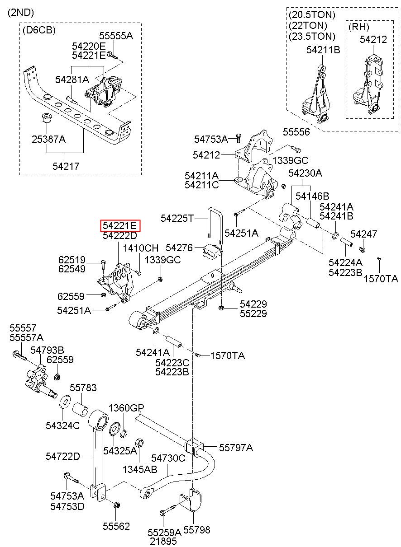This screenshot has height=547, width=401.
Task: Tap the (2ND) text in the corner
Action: [x=20, y=13]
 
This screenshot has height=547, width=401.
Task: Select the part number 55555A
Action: [x=116, y=36]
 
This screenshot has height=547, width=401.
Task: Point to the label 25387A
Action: [x=48, y=139]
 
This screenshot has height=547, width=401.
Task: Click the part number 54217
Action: [x=66, y=166]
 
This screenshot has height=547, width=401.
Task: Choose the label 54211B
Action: [x=323, y=50]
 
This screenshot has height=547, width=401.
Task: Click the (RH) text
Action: [x=359, y=27]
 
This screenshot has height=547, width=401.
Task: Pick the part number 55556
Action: [x=296, y=132]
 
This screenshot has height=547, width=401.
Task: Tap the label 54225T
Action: [x=177, y=219]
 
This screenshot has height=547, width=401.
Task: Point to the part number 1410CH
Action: [x=141, y=248]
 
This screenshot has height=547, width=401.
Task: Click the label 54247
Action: [x=363, y=234]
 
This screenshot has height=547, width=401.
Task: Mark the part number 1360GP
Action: [x=126, y=408]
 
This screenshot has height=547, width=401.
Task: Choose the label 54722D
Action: [x=62, y=457]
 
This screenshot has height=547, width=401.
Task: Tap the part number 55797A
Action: [x=236, y=448]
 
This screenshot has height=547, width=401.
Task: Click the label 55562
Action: [x=116, y=526]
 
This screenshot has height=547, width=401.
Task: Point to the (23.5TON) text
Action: [x=312, y=36]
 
